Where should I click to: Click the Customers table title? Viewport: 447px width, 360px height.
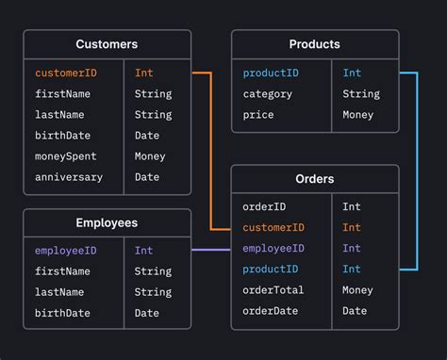point(107,44)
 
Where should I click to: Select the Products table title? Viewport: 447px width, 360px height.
point(315,44)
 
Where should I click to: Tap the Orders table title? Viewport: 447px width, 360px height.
point(315,179)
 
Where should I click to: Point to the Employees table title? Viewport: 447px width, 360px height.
point(107,223)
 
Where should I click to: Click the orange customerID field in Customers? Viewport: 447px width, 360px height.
point(66,73)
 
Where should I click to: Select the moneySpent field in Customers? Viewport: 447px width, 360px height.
point(66,156)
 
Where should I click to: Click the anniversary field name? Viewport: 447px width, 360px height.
point(69,177)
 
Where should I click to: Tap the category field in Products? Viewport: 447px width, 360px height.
point(268,94)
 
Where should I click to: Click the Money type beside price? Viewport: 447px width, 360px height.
point(357,115)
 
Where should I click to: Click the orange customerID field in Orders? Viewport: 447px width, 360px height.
point(273,227)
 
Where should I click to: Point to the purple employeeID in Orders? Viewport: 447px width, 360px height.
point(273,248)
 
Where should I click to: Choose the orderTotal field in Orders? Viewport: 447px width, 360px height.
point(273,290)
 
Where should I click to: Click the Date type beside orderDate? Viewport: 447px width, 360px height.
point(355,311)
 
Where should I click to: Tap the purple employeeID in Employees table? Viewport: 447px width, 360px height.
point(66,251)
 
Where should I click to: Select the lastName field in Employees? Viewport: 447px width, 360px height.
point(59,292)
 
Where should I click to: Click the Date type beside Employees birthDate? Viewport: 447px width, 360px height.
point(147,313)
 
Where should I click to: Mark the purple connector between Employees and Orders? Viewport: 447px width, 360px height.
point(210,250)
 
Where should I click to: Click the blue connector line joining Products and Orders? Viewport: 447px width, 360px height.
point(416,170)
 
